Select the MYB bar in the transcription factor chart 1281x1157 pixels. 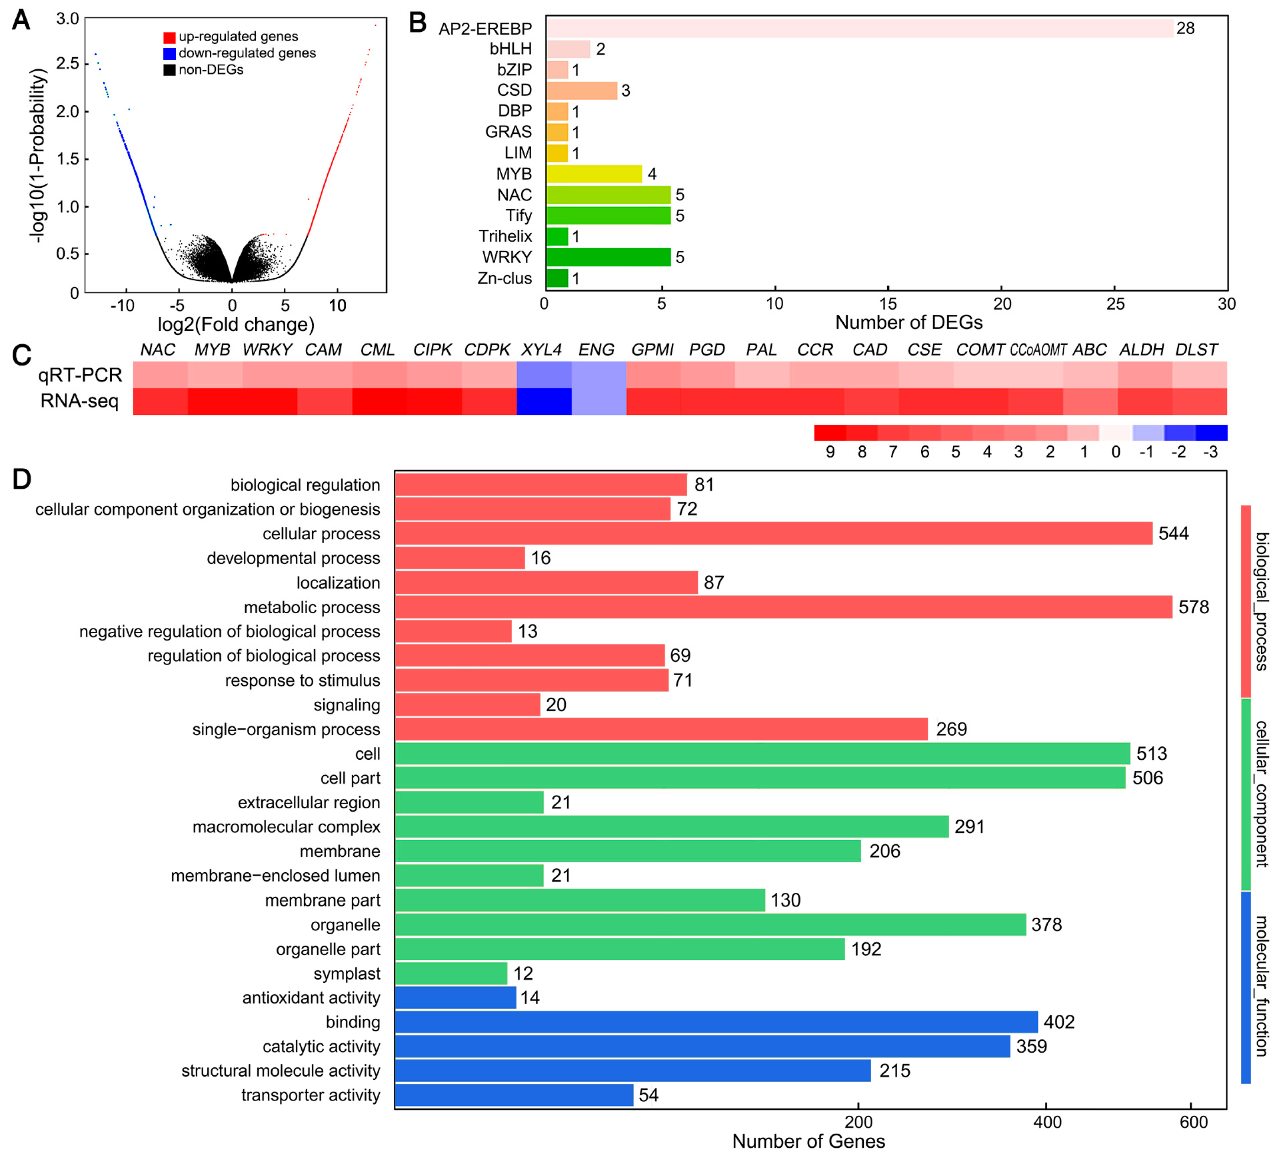[594, 174]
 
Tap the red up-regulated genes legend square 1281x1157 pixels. [169, 37]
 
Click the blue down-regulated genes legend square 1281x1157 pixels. [169, 54]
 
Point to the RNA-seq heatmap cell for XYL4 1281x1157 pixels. [544, 401]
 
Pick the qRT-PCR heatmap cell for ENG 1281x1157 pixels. [599, 374]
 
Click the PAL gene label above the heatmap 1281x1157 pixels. [761, 350]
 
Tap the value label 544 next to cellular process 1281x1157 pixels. [1173, 533]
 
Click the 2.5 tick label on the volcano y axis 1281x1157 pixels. [68, 64]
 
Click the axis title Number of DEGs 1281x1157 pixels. [909, 322]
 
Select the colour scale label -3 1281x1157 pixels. [1210, 452]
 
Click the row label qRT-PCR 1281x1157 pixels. [80, 375]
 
